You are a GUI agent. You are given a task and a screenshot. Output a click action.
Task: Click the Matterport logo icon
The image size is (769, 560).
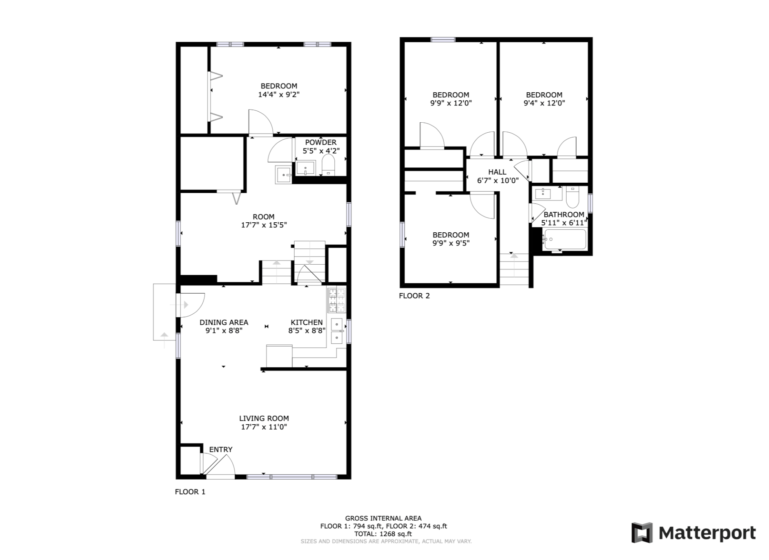pyautogui.click(x=642, y=533)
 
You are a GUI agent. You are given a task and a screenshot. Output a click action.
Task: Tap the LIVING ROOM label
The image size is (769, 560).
pyautogui.click(x=264, y=418)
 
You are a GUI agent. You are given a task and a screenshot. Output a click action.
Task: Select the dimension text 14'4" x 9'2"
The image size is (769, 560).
pyautogui.click(x=279, y=95)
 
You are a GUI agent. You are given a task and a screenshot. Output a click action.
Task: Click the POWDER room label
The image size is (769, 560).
pyautogui.click(x=321, y=143)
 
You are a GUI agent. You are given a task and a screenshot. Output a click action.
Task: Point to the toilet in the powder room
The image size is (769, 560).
pyautogui.click(x=328, y=165)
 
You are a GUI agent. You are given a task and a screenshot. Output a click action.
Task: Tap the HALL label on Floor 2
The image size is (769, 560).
pyautogui.click(x=497, y=172)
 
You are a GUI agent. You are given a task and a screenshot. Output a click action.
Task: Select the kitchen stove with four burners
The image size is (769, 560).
pyautogui.click(x=337, y=300)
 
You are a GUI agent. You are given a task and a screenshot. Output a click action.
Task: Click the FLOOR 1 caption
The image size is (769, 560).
pyautogui.click(x=190, y=492)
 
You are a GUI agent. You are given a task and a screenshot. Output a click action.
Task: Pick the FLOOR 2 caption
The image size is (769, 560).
pyautogui.click(x=414, y=296)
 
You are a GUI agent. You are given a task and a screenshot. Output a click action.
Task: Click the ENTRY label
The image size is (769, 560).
pyautogui.click(x=221, y=450)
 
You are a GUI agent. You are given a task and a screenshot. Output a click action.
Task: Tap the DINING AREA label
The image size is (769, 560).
pyautogui.click(x=224, y=322)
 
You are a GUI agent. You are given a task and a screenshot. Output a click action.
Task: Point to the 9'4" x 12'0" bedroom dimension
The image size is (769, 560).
pyautogui.click(x=544, y=103)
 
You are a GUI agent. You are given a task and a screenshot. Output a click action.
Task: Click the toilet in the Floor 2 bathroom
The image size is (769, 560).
pyautogui.click(x=572, y=197)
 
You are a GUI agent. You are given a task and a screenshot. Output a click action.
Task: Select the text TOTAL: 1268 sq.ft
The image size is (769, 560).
pyautogui.click(x=383, y=534)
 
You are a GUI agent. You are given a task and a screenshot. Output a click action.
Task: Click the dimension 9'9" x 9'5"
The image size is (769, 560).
pyautogui.click(x=451, y=243)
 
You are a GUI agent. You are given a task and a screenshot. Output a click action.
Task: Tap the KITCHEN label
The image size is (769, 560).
pyautogui.click(x=307, y=322)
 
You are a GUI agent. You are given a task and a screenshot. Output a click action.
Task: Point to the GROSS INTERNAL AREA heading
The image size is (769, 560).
pyautogui.click(x=383, y=518)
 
